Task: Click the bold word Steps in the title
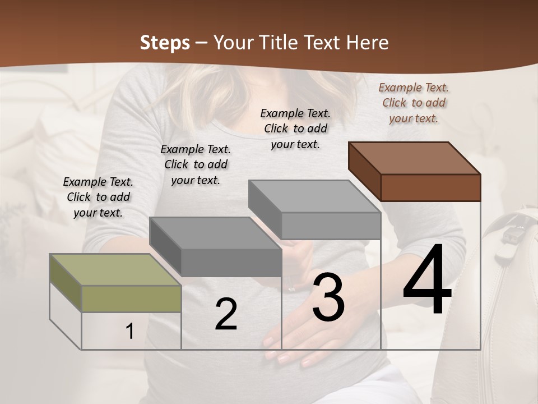coord(165,43)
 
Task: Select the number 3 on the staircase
coord(328,297)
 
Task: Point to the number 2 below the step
coord(226,315)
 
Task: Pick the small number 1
coord(130,332)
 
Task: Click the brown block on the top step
coord(415,171)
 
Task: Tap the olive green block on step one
coord(115,283)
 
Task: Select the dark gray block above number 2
coord(216,247)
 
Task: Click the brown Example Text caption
coord(414,103)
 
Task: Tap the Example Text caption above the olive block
coord(98,197)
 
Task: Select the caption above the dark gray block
coord(196,164)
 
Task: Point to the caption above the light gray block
coord(295,128)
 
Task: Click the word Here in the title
coord(368,43)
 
